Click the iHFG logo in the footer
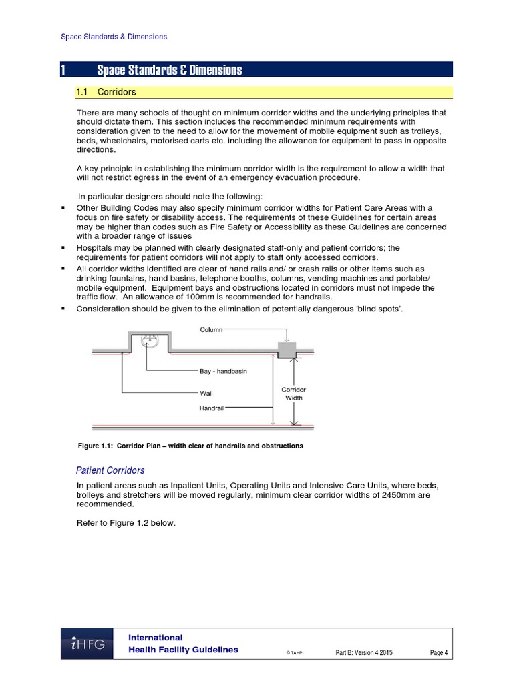88,644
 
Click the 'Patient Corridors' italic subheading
110,470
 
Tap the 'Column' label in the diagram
212,329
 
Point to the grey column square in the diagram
287,350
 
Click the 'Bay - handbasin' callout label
223,371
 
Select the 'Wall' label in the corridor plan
206,394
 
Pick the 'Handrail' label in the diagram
211,408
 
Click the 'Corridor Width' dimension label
293,394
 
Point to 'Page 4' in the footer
439,652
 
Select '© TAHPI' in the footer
295,653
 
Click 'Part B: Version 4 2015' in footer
364,652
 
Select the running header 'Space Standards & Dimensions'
114,37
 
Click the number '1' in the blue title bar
63,70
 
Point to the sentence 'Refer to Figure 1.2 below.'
126,523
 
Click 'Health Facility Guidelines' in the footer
183,650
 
